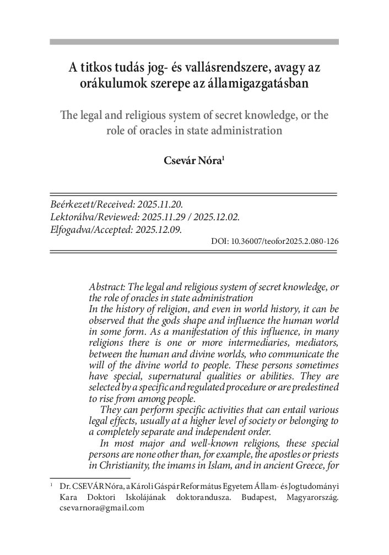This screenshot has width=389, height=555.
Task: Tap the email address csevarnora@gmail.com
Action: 101,509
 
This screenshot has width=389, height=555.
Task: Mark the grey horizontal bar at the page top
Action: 194,41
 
